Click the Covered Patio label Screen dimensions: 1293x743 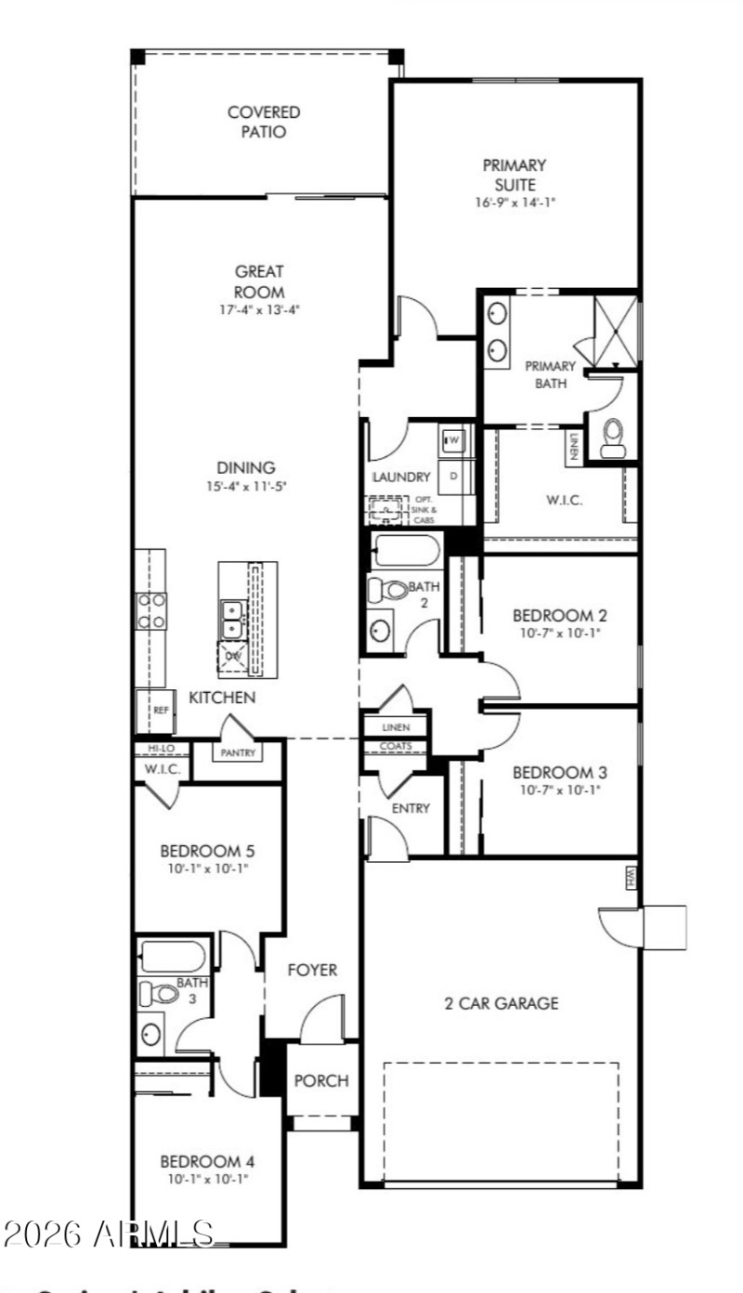[x=251, y=122]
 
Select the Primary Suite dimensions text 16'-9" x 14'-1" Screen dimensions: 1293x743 [x=514, y=202]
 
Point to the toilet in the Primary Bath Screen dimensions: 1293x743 [x=612, y=438]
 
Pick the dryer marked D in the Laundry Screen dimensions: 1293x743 [x=454, y=476]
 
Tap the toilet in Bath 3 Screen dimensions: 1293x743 [x=160, y=994]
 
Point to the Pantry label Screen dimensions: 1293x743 [x=238, y=753]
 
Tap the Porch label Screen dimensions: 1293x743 [x=321, y=1081]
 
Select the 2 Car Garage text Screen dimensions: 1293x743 [x=502, y=1003]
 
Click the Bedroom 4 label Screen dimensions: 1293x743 [x=207, y=1161]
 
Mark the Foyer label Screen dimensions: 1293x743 [x=312, y=971]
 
